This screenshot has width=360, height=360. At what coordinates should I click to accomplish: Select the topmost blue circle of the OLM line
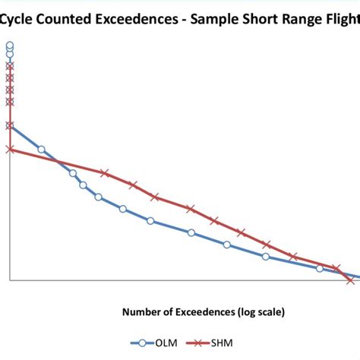[10, 47]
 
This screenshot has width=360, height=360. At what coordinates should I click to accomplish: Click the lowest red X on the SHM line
[350, 280]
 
